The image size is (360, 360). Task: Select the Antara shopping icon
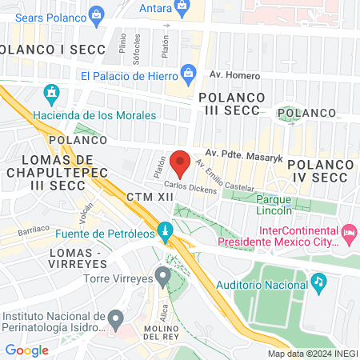tap(183, 8)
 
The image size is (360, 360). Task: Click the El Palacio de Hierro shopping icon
tap(189, 77)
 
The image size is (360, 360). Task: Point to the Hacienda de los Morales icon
tap(53, 94)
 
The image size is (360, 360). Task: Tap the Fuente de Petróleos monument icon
tap(165, 233)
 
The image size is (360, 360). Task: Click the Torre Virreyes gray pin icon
tap(163, 278)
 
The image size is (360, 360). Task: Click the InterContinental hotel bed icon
tap(349, 233)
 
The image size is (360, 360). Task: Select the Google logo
tap(27, 350)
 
